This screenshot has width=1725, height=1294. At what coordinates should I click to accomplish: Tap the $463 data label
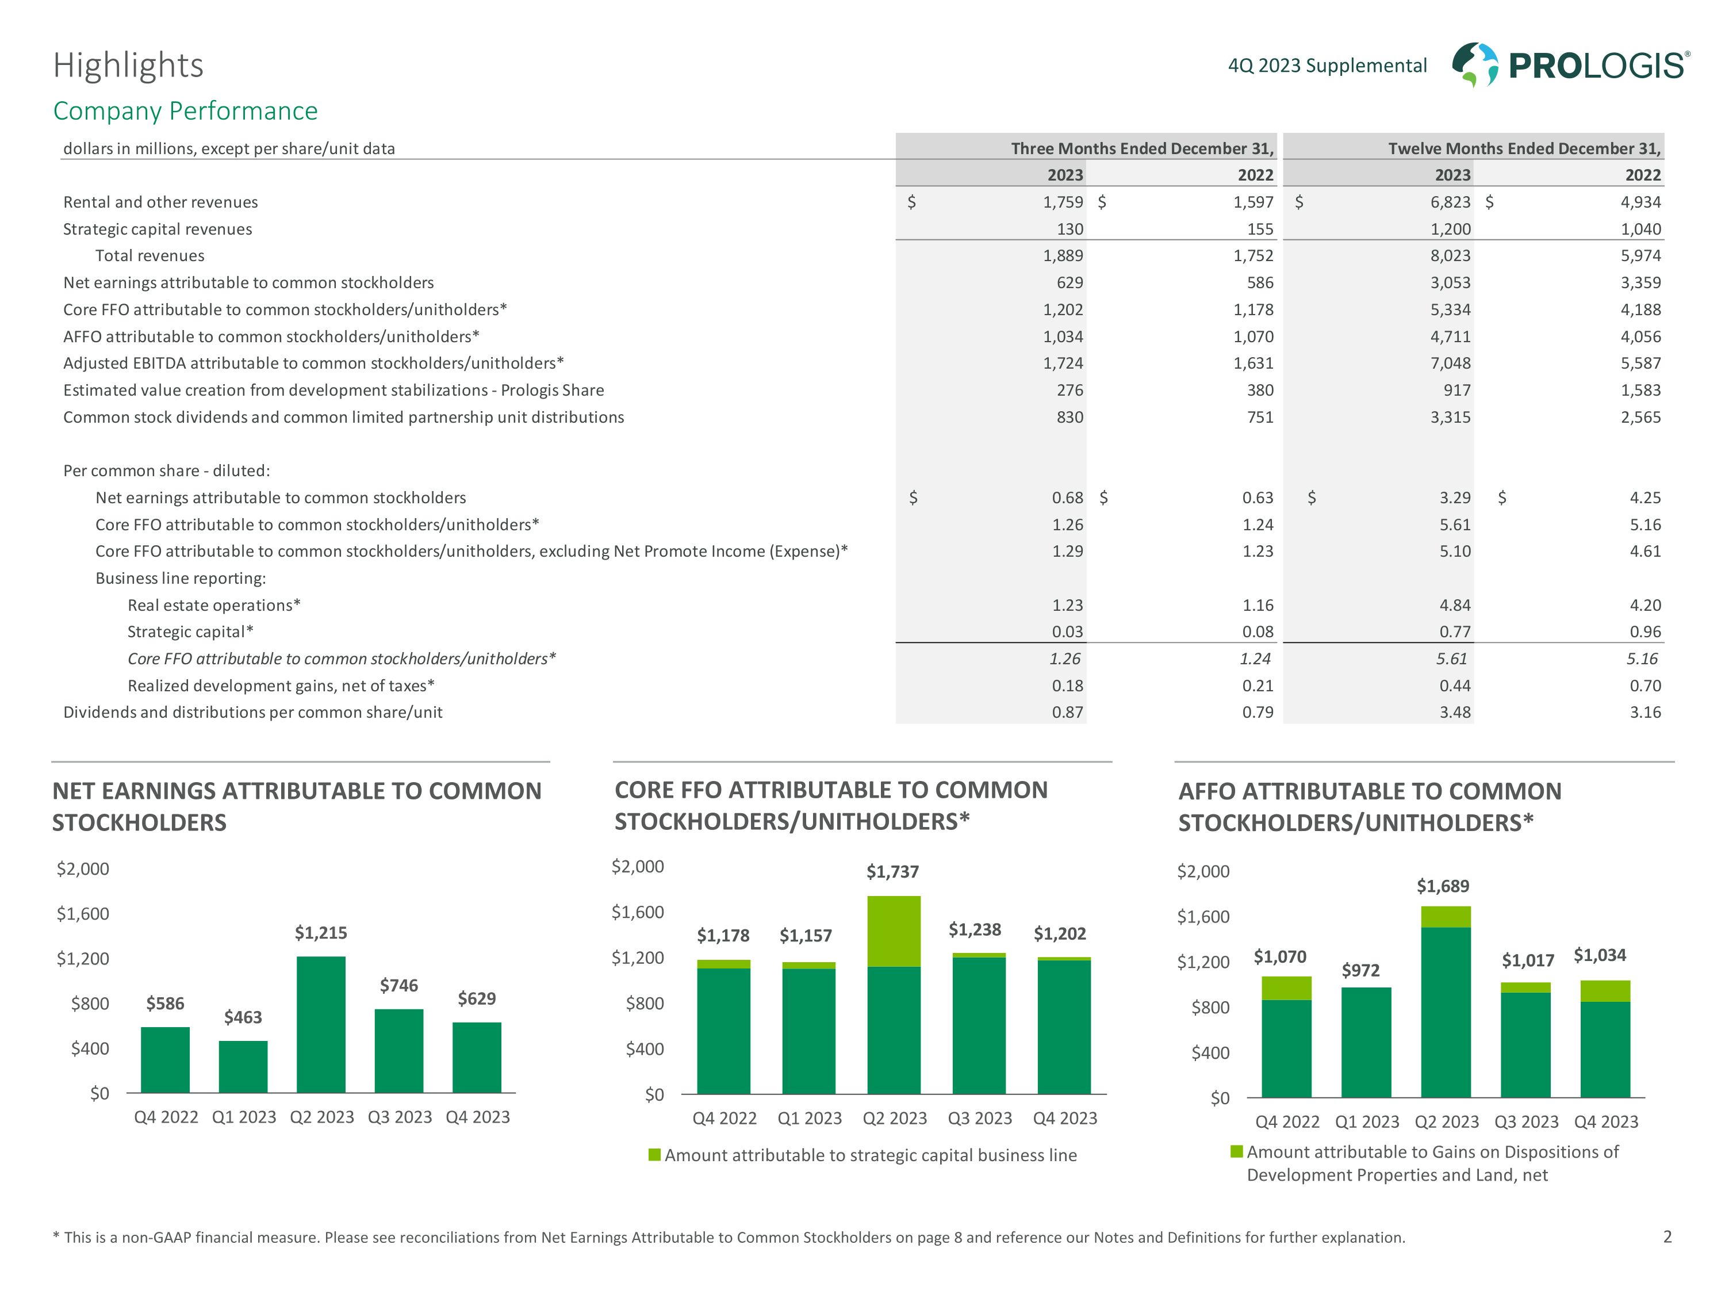click(x=243, y=1017)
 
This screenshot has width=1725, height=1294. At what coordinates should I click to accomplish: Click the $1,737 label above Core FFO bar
click(x=892, y=871)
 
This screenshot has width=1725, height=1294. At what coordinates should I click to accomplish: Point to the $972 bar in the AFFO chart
click(x=1366, y=1042)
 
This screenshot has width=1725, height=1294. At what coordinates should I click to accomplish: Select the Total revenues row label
click(x=149, y=256)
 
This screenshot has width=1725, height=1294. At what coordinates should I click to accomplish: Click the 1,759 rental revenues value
click(x=1063, y=202)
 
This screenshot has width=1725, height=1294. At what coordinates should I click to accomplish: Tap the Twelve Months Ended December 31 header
click(x=1524, y=148)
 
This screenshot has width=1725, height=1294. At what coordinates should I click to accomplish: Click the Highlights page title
click(x=128, y=66)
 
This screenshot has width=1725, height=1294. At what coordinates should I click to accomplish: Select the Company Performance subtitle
click(x=185, y=111)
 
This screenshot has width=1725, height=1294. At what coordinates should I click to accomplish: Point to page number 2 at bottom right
click(x=1667, y=1236)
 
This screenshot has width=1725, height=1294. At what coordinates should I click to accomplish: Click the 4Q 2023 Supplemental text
click(x=1327, y=66)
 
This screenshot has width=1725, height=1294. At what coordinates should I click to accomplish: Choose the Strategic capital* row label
click(x=190, y=632)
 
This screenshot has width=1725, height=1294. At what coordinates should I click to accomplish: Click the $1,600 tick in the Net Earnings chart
click(x=83, y=913)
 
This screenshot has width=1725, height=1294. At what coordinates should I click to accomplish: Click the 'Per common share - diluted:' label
click(x=166, y=470)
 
